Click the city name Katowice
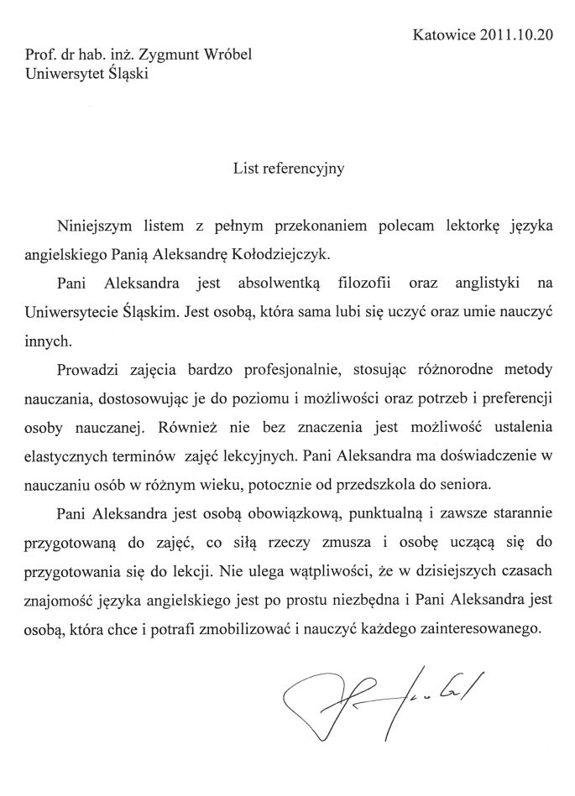(x=442, y=35)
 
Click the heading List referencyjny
(x=288, y=167)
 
